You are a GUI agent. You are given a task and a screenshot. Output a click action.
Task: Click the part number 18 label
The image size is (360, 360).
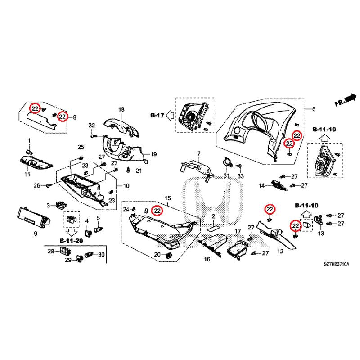121,110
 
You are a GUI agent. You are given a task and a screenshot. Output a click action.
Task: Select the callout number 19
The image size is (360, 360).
153,154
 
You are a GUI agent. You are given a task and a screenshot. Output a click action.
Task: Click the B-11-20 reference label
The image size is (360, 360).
71,241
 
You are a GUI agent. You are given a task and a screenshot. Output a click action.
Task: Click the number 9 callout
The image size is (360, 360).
35,234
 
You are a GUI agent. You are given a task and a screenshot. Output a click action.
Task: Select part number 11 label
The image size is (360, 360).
27,174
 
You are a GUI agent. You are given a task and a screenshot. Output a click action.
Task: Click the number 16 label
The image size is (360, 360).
207,260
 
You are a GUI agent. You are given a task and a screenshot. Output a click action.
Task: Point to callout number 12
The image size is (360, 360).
280,251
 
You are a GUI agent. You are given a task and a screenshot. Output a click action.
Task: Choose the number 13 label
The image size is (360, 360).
321,234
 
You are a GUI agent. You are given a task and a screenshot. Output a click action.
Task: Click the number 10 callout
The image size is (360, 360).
126,185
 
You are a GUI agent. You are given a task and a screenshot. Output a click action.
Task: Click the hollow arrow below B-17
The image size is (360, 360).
170,116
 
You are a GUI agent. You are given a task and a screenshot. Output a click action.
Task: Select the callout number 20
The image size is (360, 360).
157,255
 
